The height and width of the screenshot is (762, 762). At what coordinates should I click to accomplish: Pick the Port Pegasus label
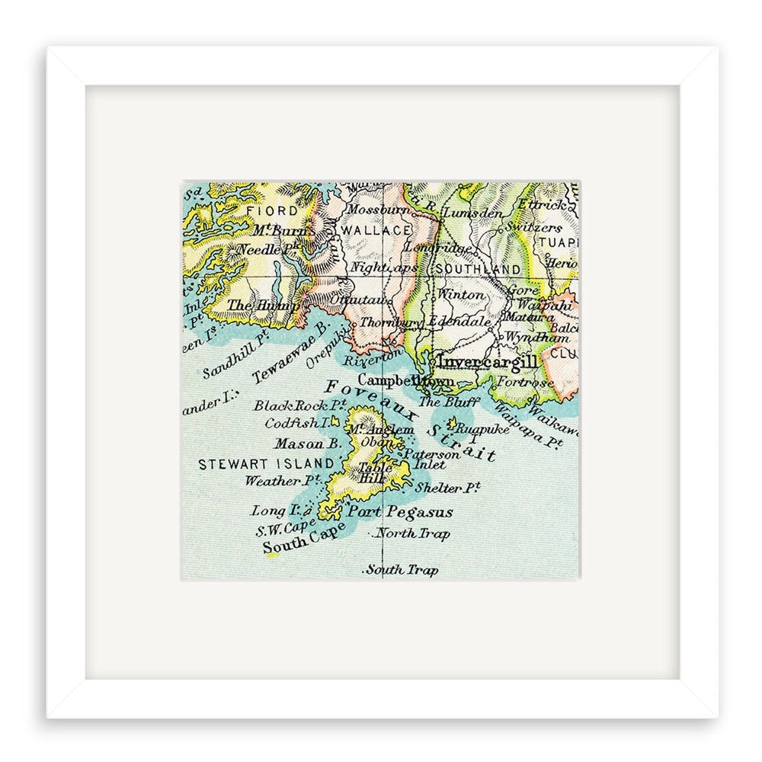tap(400, 512)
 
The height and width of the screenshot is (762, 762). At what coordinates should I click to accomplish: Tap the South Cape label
tap(296, 543)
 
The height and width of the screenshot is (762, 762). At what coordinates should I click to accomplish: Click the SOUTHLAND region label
tap(478, 269)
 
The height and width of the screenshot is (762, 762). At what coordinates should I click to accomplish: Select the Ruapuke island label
tap(477, 430)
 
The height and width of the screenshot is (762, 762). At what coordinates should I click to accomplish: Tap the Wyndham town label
tap(527, 338)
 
